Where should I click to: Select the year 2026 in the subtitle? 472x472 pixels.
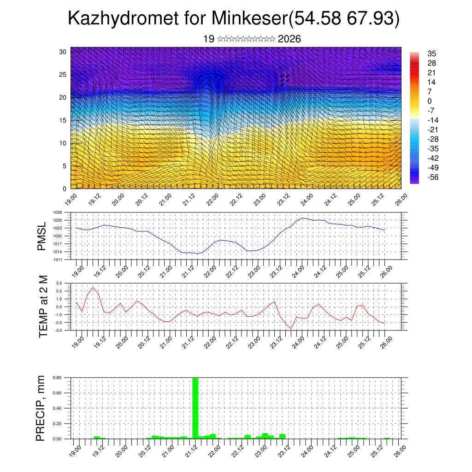tap(289, 39)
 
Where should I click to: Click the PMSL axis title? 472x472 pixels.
tap(42, 236)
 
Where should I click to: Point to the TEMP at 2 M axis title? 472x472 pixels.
tap(43, 307)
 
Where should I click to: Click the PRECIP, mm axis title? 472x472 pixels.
tap(42, 408)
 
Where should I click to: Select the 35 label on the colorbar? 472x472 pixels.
tap(431, 53)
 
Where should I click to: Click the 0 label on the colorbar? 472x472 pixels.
tap(430, 101)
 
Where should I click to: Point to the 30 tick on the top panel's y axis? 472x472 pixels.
tap(63, 51)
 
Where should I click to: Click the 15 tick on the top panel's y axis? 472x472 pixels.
tap(63, 120)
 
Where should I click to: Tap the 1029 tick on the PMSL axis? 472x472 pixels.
tap(58, 212)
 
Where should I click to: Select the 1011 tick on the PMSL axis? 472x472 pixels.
tap(58, 260)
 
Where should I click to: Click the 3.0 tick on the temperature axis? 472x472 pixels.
tap(59, 283)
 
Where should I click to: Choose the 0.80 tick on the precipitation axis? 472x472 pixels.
tap(57, 378)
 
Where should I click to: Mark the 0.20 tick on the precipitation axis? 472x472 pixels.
tap(57, 424)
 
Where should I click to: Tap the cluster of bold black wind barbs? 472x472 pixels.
tap(284, 80)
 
